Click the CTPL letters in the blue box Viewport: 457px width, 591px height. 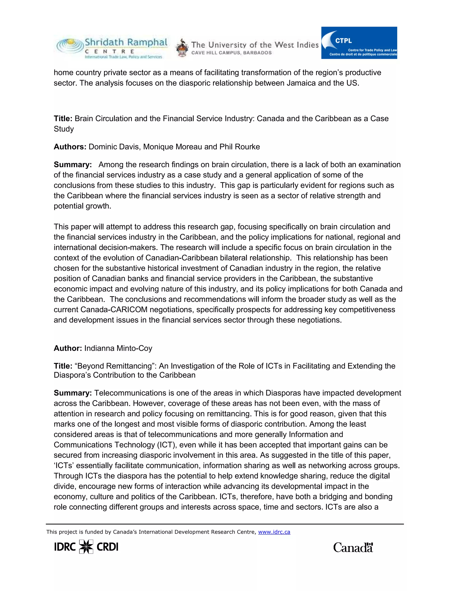tap(343, 41)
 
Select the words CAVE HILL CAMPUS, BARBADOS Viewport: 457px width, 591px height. tap(231, 53)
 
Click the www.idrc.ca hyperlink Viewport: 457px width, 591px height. tap(274, 532)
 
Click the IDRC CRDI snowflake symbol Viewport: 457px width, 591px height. tap(86, 547)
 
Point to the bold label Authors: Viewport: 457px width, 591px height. tap(70, 147)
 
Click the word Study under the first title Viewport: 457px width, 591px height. tap(64, 129)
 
